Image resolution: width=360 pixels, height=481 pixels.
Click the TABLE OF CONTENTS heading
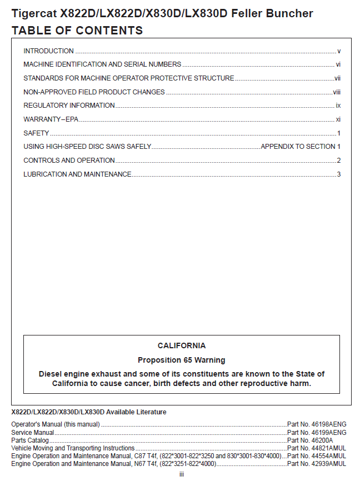[77, 31]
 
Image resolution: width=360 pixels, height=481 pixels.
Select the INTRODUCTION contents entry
[48, 51]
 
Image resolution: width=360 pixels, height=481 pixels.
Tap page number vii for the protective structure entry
[337, 78]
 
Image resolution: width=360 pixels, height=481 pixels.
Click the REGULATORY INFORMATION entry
[69, 106]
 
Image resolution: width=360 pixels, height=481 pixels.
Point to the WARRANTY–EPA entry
[51, 119]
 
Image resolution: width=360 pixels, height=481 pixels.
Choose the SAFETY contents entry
[36, 133]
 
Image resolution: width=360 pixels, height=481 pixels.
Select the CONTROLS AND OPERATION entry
[69, 161]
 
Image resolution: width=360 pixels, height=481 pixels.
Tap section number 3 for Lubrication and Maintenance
[338, 174]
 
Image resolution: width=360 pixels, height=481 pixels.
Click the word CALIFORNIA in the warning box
[181, 345]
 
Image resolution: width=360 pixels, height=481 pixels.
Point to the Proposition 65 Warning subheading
[181, 360]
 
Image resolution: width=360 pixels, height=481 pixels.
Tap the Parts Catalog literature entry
[29, 440]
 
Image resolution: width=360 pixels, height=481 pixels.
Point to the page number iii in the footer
[181, 474]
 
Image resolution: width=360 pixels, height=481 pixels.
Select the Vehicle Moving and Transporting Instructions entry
[73, 448]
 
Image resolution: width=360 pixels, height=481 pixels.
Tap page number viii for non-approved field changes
[337, 92]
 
